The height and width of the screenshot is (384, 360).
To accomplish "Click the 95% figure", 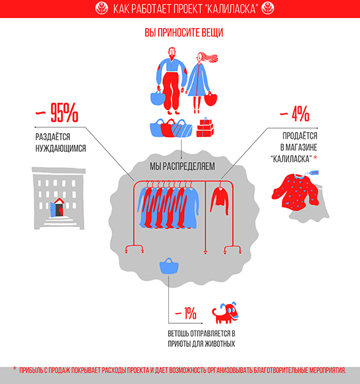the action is (65, 113).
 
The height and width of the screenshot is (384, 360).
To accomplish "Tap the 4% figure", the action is (301, 113).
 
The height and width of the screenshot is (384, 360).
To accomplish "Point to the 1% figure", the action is (190, 313).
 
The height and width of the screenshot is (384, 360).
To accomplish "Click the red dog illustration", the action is (225, 313).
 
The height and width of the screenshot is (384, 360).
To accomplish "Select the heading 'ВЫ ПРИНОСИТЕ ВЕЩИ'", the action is (184, 33).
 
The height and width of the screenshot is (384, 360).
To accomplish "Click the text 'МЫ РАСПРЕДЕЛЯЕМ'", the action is (182, 166).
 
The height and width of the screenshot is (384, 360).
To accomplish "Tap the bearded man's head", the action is (172, 53).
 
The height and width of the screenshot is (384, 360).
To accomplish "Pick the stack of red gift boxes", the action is (205, 127).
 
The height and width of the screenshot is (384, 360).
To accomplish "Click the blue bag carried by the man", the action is (158, 97).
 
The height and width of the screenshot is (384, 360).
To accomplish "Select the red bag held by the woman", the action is (210, 99).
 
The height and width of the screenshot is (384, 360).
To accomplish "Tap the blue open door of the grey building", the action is (53, 210).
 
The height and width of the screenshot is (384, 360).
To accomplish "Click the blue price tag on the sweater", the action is (313, 173).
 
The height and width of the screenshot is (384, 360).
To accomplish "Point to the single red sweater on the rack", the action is (219, 199).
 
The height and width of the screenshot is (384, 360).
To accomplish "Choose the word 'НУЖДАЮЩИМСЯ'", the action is (61, 148).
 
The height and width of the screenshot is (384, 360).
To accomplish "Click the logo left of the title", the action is (101, 8).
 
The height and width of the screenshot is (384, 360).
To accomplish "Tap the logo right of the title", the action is (268, 8).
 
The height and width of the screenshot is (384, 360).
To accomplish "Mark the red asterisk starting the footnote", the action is (15, 369).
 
